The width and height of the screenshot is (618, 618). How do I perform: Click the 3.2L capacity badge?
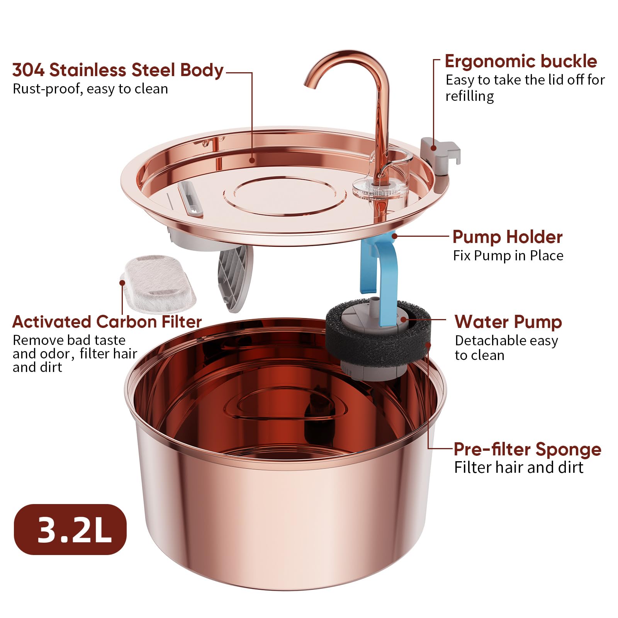[70, 529]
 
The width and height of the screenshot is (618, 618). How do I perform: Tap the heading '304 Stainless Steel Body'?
[118, 70]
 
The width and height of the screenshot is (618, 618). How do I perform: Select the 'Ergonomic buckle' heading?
[520, 61]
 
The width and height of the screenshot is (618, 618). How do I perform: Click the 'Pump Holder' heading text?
[507, 237]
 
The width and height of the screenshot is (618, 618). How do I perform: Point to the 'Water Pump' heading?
[508, 322]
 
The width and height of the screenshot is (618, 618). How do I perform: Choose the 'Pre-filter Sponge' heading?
[527, 449]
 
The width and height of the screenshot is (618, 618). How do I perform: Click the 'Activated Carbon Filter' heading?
[107, 322]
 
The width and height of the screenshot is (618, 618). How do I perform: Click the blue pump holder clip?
[380, 270]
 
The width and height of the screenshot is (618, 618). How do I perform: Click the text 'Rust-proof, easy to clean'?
[90, 89]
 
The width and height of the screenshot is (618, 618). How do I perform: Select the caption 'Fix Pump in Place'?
[508, 256]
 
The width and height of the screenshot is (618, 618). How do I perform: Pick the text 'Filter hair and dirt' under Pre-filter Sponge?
[518, 467]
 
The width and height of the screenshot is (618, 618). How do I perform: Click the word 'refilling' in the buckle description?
[469, 96]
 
